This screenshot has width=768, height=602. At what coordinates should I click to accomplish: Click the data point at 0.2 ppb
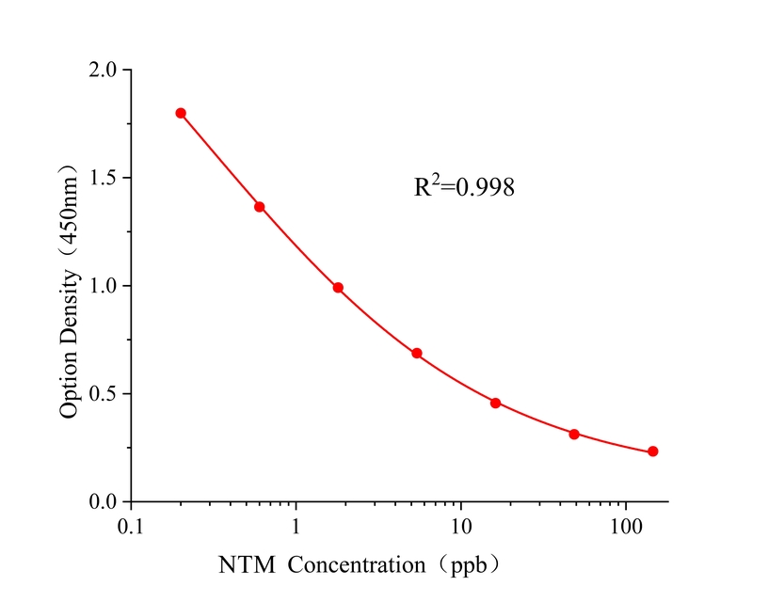point(181,113)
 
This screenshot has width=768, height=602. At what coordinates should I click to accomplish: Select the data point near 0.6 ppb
point(260,207)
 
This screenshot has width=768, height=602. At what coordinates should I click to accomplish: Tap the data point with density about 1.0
point(338,288)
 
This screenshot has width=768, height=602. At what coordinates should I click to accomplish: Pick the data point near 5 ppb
point(417,354)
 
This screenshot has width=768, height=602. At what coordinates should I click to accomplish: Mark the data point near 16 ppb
point(496,403)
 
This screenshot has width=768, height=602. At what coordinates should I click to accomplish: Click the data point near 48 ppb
point(574,434)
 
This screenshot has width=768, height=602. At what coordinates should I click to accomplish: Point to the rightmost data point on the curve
point(653,451)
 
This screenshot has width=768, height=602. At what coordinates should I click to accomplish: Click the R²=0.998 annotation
point(465,187)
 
